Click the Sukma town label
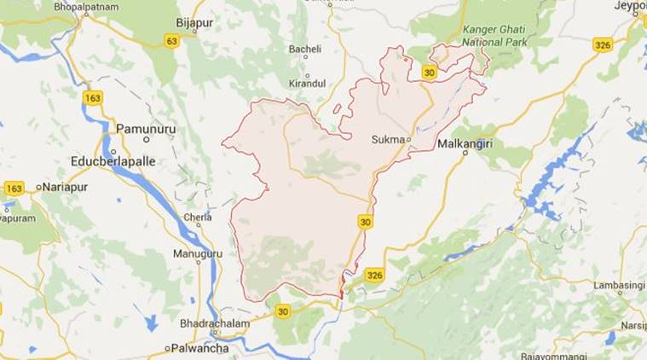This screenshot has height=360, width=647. click(388, 138)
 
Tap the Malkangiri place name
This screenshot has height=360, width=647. click(465, 144)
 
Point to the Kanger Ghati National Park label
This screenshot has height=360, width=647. click(495, 35)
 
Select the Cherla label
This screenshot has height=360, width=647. click(198, 217)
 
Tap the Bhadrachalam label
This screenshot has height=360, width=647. click(214, 324)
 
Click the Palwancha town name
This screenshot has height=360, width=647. click(203, 348)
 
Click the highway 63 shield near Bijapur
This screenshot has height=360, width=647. click(171, 40)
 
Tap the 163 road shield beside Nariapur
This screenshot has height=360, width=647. click(14, 189)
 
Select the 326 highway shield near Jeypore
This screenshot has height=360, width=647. click(604, 44)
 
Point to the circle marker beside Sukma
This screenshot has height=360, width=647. click(408, 139)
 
